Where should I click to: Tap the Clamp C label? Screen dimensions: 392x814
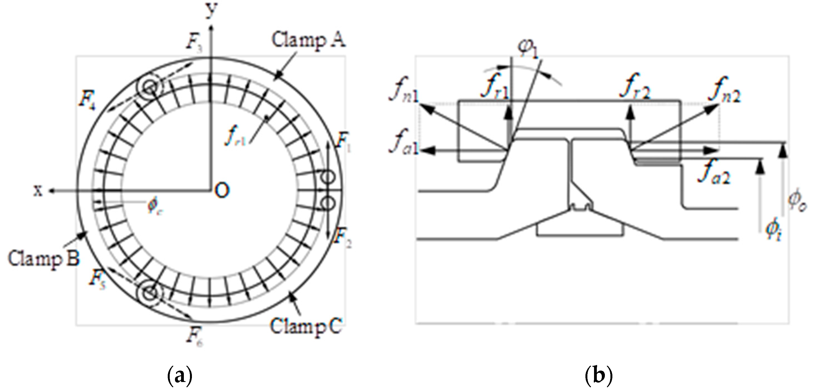pos(305,326)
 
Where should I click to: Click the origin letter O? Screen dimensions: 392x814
pos(222,190)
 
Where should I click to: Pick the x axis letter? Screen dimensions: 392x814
pos(38,190)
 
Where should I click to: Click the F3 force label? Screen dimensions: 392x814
pos(194,43)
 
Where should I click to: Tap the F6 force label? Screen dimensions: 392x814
pos(194,338)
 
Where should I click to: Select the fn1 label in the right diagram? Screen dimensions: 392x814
pos(404,90)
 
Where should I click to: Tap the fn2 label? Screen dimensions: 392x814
pos(724,90)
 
